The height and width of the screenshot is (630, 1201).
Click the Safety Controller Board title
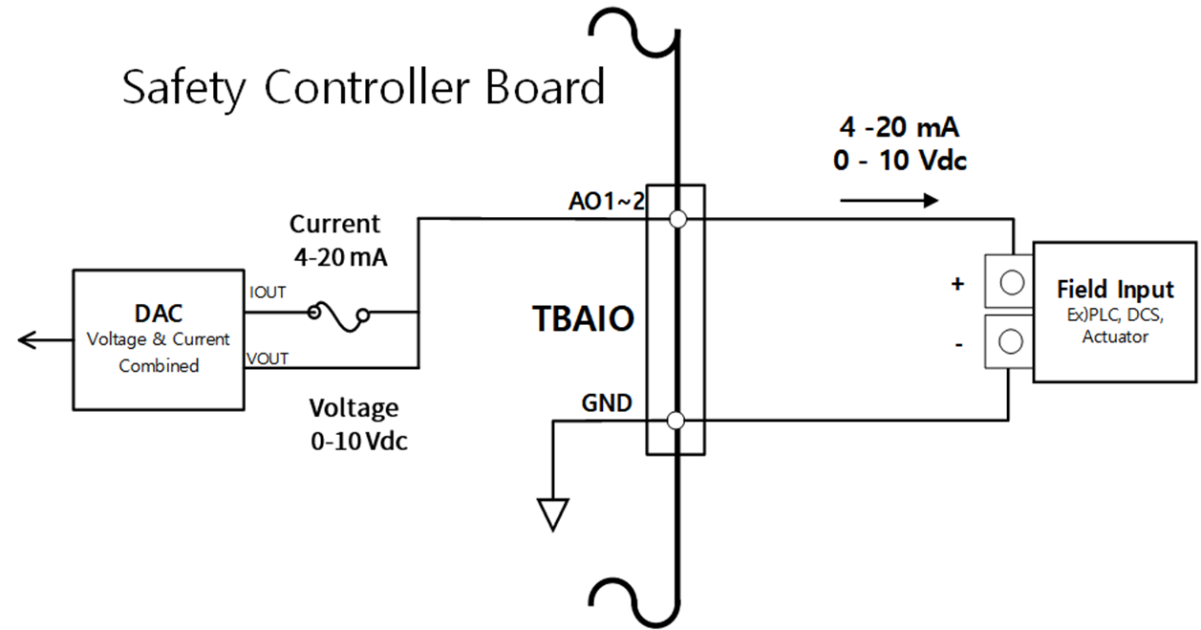pos(363,88)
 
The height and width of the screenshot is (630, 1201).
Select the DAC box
pos(158,338)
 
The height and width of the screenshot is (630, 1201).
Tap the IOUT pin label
pos(267,293)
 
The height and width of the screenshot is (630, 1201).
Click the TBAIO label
pos(583,319)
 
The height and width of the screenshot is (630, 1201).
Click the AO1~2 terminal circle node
pos(677,220)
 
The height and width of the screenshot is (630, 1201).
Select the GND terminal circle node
pos(676,420)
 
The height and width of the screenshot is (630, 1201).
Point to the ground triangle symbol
pos(552,514)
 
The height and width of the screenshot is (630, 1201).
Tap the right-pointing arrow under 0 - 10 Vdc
pos(890,201)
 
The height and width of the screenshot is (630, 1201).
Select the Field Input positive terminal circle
pos(1012,283)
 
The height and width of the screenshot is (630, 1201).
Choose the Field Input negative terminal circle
pos(1012,341)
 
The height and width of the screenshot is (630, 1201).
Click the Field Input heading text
pos(1115,290)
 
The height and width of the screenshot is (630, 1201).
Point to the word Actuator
pos(1115,337)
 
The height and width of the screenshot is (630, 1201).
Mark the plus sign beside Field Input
pos(959,284)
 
